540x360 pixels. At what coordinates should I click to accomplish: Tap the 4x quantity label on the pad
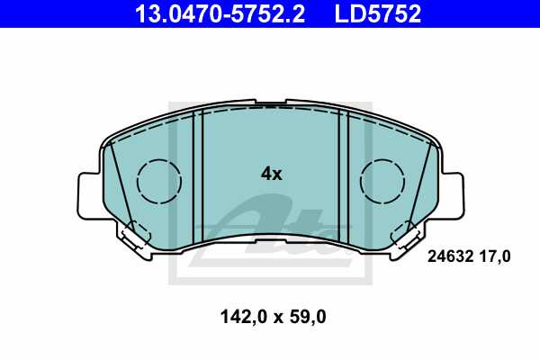(271, 174)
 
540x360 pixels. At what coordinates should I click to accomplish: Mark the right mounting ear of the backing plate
(453, 194)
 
